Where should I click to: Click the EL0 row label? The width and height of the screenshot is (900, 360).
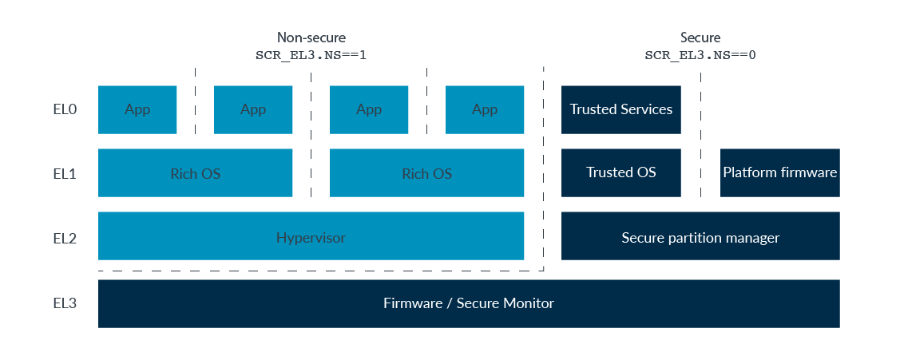(65, 109)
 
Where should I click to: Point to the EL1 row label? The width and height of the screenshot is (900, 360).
(65, 172)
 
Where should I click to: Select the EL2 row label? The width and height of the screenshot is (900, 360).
(65, 237)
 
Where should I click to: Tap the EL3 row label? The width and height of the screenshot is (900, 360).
(65, 303)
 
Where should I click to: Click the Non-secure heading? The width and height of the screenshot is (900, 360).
(311, 38)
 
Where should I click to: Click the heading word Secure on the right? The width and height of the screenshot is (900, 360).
(700, 38)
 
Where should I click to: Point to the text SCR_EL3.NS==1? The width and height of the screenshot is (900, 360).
(311, 55)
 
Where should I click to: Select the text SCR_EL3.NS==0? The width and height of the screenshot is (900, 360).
(700, 55)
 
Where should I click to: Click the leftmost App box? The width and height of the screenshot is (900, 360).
(137, 109)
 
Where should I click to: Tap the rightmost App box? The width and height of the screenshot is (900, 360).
(485, 109)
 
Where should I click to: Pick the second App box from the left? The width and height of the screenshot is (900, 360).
(253, 109)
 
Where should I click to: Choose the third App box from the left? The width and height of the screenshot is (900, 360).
(369, 109)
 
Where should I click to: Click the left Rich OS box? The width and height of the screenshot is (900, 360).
(195, 172)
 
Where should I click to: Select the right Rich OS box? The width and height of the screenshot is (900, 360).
(426, 172)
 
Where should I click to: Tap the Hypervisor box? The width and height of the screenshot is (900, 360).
(311, 236)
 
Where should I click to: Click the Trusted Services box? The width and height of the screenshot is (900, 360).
(620, 109)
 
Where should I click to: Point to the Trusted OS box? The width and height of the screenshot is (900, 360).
(620, 172)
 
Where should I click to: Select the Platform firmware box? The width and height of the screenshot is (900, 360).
(779, 172)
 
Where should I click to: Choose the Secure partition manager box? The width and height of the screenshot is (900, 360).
(700, 236)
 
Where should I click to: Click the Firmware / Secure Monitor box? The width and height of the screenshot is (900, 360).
(469, 303)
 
